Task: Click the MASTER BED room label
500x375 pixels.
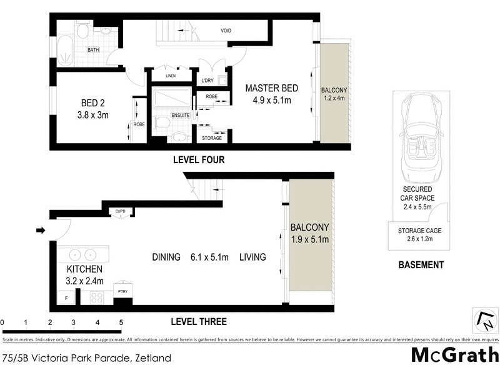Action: [271, 87]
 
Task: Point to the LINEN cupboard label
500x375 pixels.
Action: [171, 76]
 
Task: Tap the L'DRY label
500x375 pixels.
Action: [207, 81]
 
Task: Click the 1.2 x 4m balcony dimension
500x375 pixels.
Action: [334, 97]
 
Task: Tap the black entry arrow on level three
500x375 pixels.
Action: [41, 231]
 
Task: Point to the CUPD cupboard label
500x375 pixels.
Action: [120, 211]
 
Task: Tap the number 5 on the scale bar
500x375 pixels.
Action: [121, 322]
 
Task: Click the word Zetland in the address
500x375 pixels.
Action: [152, 359]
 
